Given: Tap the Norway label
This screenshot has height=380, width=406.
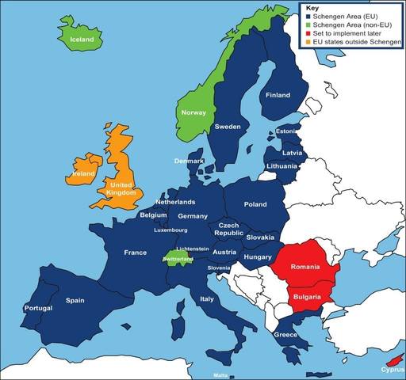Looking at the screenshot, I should point(193,112).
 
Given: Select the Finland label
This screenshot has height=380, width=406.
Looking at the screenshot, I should point(278,95).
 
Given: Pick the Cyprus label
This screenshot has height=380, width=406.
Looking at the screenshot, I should point(391,369).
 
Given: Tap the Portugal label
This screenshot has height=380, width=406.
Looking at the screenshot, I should point(38,308).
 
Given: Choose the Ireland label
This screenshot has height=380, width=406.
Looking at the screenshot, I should point(85,173).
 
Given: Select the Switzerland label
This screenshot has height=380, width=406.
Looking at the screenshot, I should point(177,259).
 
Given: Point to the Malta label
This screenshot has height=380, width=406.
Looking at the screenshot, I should point(221,374).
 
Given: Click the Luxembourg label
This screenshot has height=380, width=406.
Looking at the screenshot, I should point(170,230).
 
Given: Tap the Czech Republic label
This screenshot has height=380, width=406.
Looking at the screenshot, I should point(230,230).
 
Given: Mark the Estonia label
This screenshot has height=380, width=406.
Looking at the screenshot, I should point(286,131).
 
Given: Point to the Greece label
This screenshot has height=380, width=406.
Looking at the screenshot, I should point(285,335).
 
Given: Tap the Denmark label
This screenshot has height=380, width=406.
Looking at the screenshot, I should point(190,161).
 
